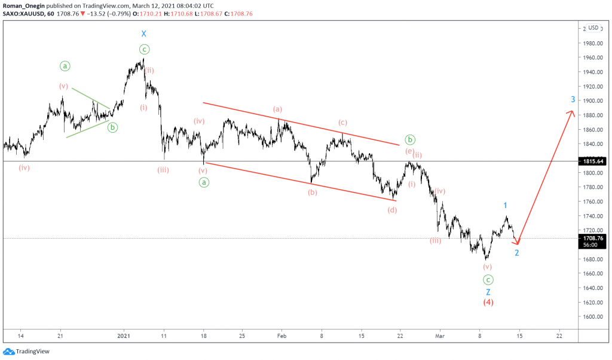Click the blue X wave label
pos(143,34)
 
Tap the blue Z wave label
pos(488,292)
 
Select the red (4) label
pos(488,303)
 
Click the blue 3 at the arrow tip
pos(573,99)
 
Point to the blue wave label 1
pos(505,206)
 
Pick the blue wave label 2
pos(517,252)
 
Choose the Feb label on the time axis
pos(281,335)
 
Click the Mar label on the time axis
pos(439,335)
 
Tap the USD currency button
pos(593,28)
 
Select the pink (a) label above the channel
pos(277,109)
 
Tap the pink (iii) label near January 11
pos(163,170)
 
